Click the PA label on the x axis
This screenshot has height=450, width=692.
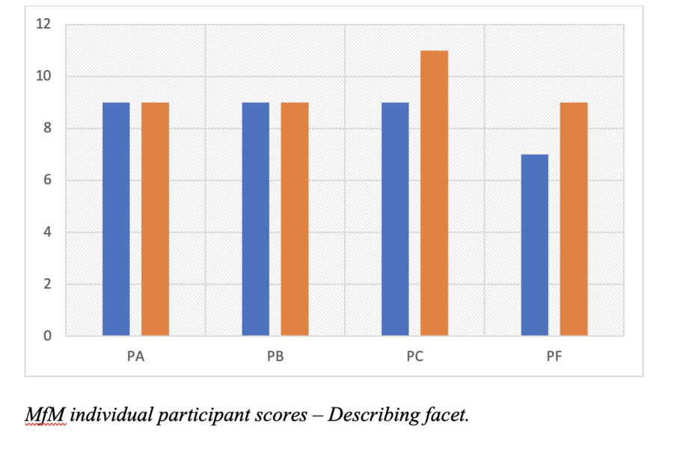click(135, 357)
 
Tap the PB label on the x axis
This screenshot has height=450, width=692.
click(275, 357)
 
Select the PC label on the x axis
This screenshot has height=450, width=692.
click(414, 357)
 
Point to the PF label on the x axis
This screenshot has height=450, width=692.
click(554, 357)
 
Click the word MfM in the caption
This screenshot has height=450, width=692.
click(45, 415)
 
